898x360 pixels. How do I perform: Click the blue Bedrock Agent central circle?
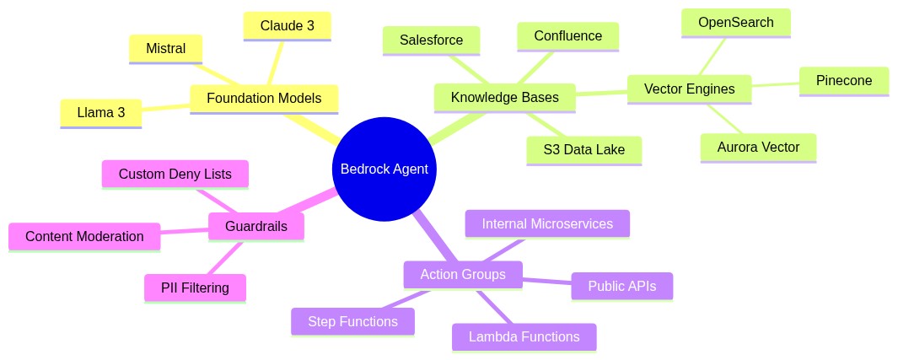click(x=384, y=169)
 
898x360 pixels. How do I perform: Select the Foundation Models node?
click(x=264, y=99)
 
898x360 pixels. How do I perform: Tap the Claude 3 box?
click(x=287, y=26)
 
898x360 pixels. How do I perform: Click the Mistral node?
click(x=165, y=49)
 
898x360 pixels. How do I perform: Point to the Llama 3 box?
click(x=100, y=113)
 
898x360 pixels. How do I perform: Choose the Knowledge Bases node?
click(x=504, y=98)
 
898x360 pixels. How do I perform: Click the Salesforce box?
click(x=431, y=40)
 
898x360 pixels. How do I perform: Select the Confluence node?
click(x=567, y=36)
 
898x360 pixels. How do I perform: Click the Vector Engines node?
click(x=689, y=89)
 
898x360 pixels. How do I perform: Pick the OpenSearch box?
click(x=735, y=23)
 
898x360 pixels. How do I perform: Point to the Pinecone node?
click(x=843, y=81)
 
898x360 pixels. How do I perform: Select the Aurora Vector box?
click(x=758, y=148)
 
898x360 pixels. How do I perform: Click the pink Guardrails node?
click(x=256, y=226)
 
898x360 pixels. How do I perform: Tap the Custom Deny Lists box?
click(x=175, y=175)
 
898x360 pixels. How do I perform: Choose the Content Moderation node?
click(x=84, y=237)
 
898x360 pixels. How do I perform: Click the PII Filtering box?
click(x=195, y=287)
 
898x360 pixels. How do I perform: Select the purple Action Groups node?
click(x=462, y=275)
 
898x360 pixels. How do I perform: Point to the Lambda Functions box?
click(x=524, y=337)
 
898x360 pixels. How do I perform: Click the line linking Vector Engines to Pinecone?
click(x=775, y=84)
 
